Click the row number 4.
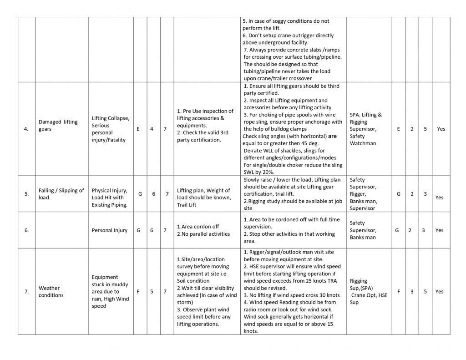(x=26, y=129)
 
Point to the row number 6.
(x=26, y=230)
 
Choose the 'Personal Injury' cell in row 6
(x=109, y=230)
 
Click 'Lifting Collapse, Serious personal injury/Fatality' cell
(x=111, y=129)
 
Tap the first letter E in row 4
(x=138, y=129)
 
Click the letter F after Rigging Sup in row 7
(x=398, y=292)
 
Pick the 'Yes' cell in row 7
(x=439, y=292)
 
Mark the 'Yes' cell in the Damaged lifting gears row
(x=441, y=129)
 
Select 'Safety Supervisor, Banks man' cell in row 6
(x=363, y=230)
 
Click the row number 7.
(x=26, y=292)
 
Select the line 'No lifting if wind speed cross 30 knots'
(x=291, y=295)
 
